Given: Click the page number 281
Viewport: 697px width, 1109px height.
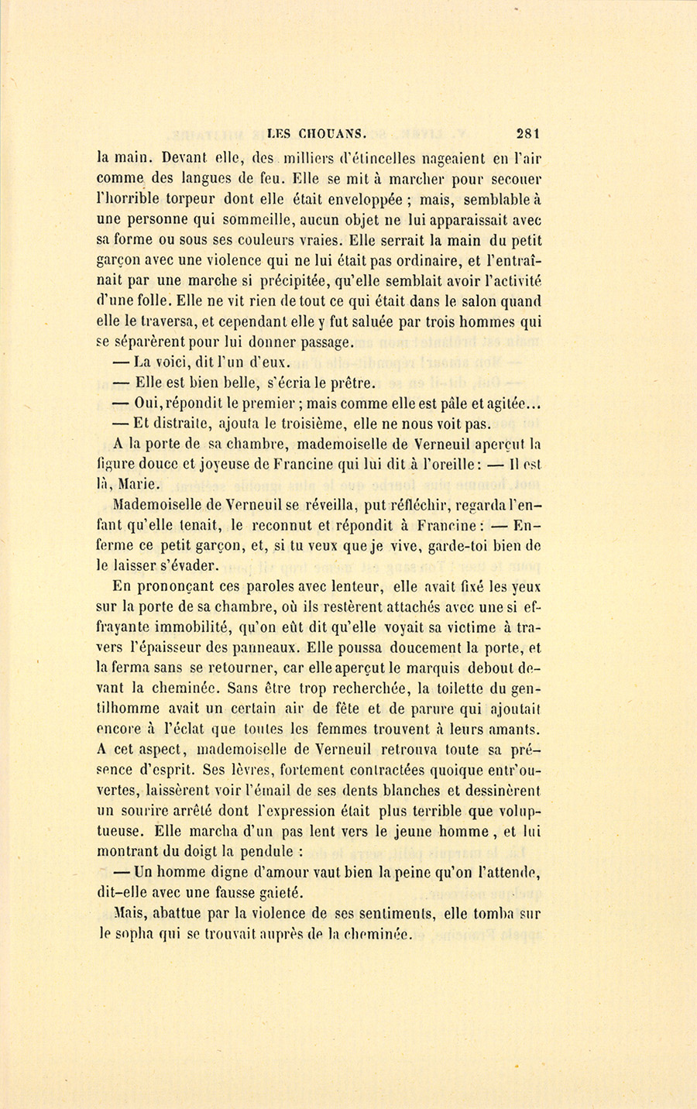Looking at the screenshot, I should click(525, 132).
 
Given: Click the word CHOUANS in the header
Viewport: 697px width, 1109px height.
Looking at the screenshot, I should click(323, 133).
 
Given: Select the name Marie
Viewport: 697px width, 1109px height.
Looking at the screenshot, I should click(139, 485).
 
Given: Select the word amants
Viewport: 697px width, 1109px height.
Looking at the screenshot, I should click(512, 728).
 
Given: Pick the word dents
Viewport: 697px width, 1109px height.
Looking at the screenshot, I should click(386, 790).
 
